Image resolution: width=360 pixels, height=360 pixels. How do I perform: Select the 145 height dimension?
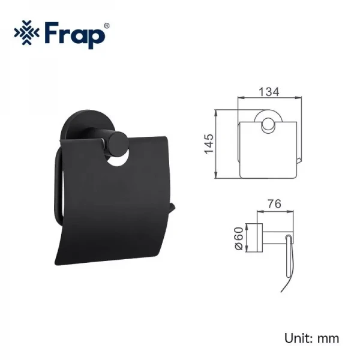click(x=209, y=144)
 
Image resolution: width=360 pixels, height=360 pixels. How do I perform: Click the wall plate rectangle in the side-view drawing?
click(x=260, y=237)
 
